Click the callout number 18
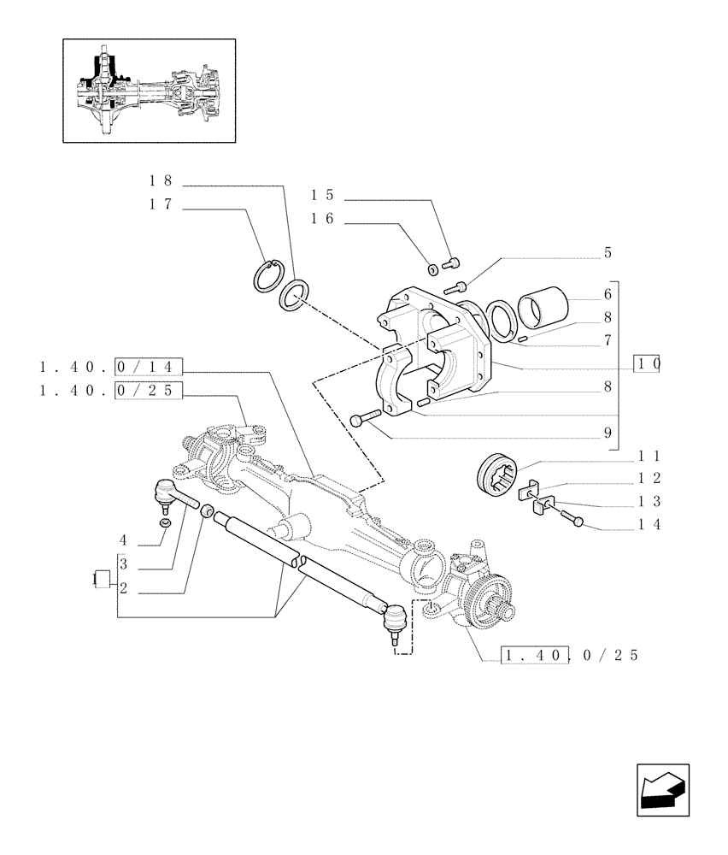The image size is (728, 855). click(161, 181)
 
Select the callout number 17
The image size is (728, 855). click(161, 204)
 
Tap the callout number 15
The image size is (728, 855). click(322, 195)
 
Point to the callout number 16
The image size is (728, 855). click(322, 220)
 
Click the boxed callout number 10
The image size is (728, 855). click(647, 363)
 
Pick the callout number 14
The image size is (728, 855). click(649, 524)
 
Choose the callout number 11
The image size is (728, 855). click(649, 457)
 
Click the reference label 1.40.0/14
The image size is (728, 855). click(107, 367)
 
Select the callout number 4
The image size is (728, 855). click(124, 540)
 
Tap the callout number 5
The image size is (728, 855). click(608, 253)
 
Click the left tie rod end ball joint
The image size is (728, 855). click(165, 493)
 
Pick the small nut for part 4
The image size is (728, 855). click(166, 522)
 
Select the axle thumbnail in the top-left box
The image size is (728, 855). click(150, 91)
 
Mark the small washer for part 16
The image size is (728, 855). click(433, 269)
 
